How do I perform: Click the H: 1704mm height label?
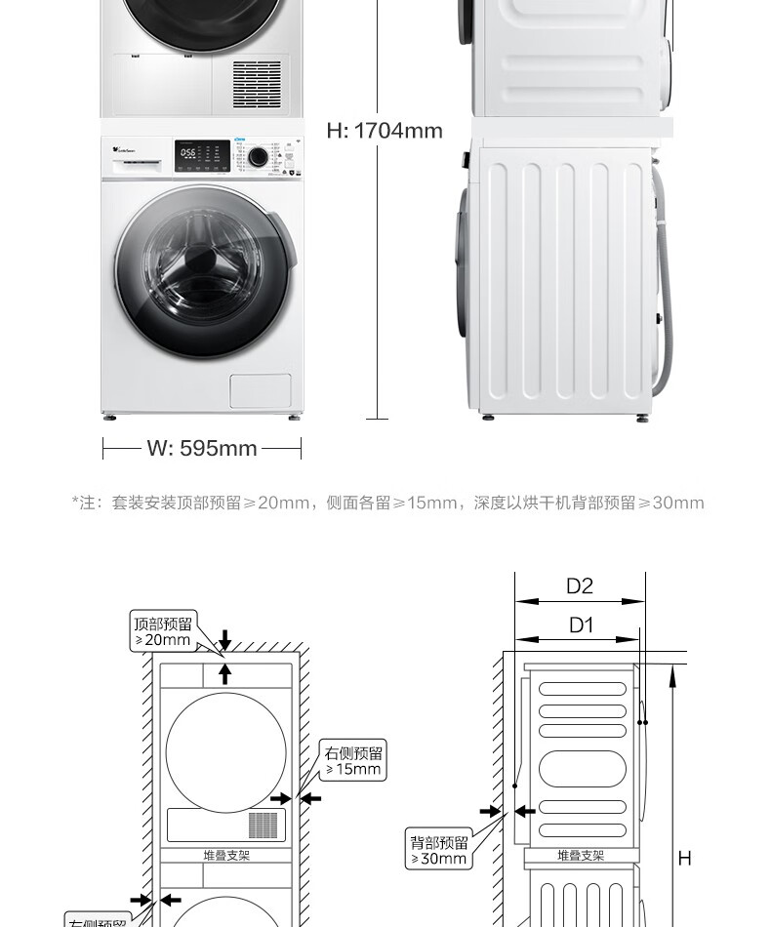pos(385,131)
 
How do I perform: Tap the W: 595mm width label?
pos(202,449)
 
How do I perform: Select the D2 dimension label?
pos(580,585)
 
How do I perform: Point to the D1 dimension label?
pos(581,625)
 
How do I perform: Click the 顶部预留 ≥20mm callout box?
pos(163,631)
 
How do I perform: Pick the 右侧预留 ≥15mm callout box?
pos(354,760)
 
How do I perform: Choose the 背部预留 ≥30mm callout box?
pos(439,850)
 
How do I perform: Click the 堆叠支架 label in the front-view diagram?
pos(226,855)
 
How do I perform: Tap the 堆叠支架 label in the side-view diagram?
pos(581,855)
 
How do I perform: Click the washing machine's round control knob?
pos(258,156)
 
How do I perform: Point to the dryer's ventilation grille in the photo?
pos(257,84)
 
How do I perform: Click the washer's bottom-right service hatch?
pos(261,390)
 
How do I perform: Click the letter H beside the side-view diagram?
pos(684,858)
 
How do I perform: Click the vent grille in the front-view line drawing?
pos(263,825)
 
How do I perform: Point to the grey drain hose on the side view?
pos(669,283)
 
